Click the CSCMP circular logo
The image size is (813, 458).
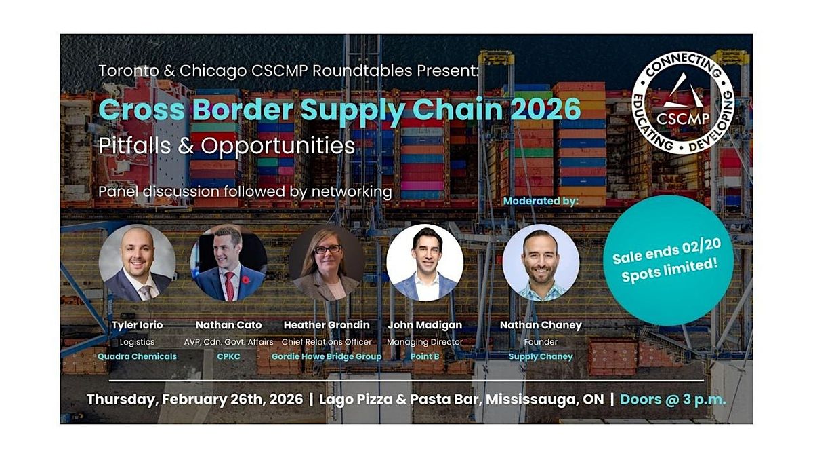[683, 102]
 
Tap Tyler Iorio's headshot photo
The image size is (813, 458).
[137, 263]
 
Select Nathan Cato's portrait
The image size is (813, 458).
[230, 263]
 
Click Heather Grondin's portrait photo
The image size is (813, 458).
[327, 263]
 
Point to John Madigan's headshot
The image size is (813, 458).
[425, 263]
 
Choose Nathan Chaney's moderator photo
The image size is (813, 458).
[541, 263]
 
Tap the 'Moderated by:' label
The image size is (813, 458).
[541, 202]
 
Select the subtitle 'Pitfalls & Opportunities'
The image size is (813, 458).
[227, 146]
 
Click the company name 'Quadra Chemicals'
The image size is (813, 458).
[137, 356]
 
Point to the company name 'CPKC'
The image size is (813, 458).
[228, 356]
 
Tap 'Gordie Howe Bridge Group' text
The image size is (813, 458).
[327, 356]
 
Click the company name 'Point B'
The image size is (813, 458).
[424, 356]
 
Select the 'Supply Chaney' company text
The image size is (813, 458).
[541, 356]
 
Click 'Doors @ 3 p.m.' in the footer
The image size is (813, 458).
[673, 399]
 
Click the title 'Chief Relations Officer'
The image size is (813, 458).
[327, 342]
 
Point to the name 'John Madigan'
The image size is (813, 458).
[424, 325]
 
